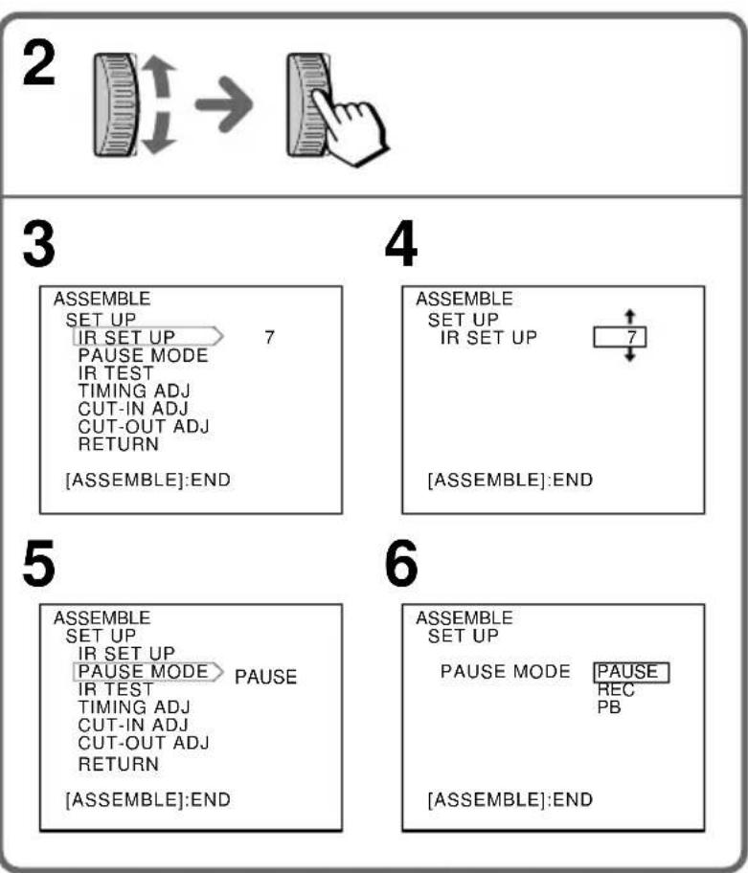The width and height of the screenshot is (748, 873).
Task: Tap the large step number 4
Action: point(401,244)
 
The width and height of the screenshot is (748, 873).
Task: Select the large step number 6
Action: point(401,564)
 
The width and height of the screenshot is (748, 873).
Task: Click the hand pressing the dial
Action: point(350,127)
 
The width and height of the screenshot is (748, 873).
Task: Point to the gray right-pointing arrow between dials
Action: point(224,104)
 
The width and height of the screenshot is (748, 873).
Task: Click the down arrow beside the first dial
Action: point(159,132)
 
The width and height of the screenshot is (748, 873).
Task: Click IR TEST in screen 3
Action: point(115,373)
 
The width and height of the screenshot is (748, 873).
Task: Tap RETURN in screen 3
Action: point(119,444)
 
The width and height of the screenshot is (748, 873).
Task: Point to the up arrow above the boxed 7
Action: point(630,317)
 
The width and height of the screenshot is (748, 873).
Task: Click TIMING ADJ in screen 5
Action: point(134,707)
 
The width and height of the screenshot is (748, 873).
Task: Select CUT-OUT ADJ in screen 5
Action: point(144,743)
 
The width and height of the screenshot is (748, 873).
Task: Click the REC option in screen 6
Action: point(616,690)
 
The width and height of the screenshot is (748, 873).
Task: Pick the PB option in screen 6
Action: point(609,707)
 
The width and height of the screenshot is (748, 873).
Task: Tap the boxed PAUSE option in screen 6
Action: point(631,673)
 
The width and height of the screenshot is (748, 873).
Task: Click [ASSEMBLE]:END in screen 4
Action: point(510,480)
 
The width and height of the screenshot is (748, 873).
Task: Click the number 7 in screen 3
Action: point(269,337)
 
